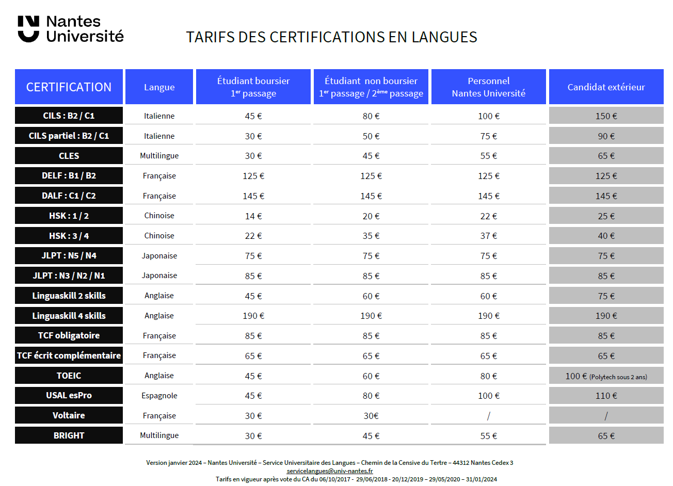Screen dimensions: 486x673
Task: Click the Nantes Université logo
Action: [x=71, y=29]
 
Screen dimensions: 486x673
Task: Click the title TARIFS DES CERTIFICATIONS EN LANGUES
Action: [x=331, y=37]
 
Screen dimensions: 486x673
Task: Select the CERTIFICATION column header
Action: [x=69, y=87]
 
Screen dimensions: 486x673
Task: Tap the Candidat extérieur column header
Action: [x=606, y=87]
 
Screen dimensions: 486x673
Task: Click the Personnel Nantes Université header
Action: [x=488, y=87]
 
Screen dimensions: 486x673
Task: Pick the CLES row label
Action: [x=69, y=156]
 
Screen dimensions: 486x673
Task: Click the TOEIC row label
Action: [x=69, y=376]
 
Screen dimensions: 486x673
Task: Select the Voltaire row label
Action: [x=69, y=415]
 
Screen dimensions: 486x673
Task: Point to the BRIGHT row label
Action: [x=69, y=435]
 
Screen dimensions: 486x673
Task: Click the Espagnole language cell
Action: [x=159, y=396]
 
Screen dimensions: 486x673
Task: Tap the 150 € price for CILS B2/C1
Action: [x=606, y=116]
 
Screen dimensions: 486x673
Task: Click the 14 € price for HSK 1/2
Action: [x=253, y=216]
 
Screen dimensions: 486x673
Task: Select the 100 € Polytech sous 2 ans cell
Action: [x=606, y=376]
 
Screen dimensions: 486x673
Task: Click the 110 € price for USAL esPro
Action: [x=606, y=396]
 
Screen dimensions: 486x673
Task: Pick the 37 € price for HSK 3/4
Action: [x=488, y=236]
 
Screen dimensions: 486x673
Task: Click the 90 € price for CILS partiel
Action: [x=606, y=136]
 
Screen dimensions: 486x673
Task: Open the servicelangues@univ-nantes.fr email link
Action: [x=329, y=471]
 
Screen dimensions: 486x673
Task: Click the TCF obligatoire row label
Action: [x=69, y=335]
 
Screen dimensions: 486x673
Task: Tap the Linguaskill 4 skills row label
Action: [x=69, y=316]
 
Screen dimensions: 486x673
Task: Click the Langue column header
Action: [x=159, y=87]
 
